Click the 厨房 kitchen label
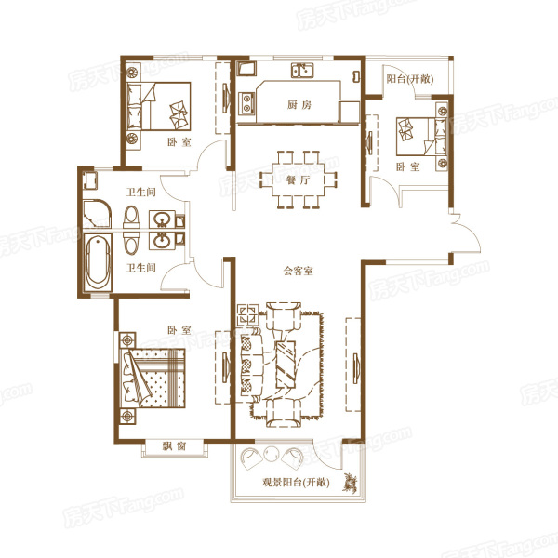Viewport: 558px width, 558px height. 299,104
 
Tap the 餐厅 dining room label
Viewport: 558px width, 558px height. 299,180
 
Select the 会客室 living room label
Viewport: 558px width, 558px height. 299,272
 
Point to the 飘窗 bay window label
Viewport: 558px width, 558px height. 175,445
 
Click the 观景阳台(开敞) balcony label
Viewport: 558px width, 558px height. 296,483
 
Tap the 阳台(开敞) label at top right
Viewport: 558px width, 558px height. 410,79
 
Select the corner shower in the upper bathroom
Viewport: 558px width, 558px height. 97,213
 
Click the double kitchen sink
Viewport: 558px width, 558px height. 302,71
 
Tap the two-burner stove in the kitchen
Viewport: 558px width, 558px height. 246,102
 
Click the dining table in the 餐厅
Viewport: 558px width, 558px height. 299,179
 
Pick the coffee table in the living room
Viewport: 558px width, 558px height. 286,365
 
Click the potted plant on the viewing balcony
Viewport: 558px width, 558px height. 351,483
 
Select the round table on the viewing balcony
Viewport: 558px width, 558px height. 272,455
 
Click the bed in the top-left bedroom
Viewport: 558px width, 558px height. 159,106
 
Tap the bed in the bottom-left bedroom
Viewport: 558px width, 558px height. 153,378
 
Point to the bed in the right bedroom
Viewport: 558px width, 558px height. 422,137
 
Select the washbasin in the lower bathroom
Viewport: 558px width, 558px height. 162,241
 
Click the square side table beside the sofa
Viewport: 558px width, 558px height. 248,314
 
